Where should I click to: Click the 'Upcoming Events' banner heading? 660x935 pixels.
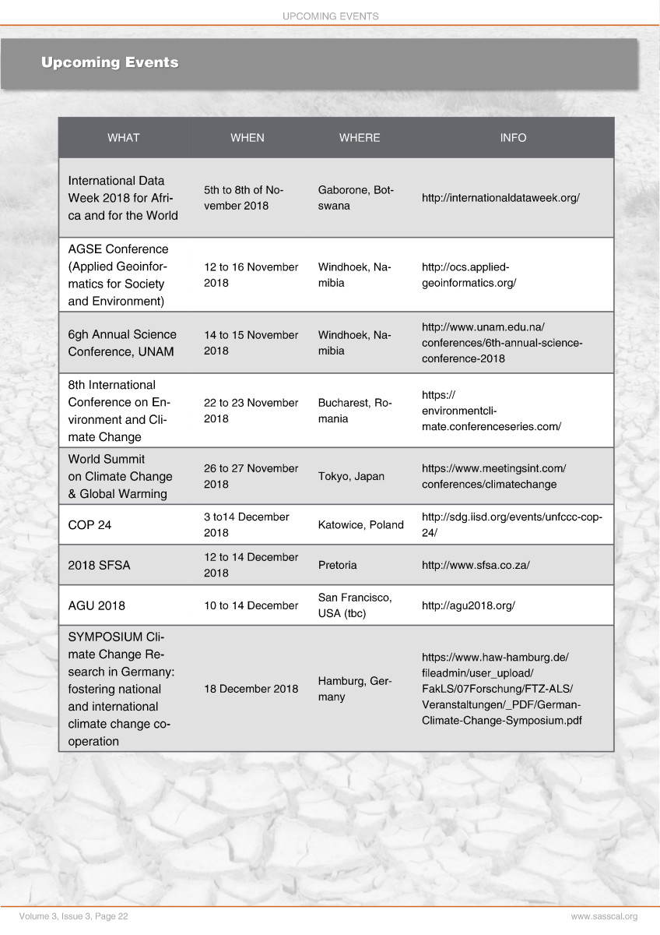pos(110,62)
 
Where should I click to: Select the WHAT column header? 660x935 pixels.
pos(123,138)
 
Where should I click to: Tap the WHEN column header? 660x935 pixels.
pos(247,138)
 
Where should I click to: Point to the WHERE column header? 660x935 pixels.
pos(360,138)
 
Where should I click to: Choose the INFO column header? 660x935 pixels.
pos(513,138)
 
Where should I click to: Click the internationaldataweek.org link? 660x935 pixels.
pos(500,198)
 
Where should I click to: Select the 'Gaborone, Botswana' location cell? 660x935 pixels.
pos(356,198)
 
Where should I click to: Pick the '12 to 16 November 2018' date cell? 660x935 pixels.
pos(251,275)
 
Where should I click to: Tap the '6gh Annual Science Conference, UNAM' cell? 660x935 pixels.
pos(122,343)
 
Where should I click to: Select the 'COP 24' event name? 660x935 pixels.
pos(90,525)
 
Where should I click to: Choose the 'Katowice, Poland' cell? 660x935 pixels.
pos(360,525)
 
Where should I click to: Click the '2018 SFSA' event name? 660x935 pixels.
pos(99,566)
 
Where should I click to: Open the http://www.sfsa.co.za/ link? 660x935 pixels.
pos(476,566)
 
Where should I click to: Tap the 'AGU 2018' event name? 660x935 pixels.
pos(97,605)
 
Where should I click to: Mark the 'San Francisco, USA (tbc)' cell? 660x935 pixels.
pos(355,605)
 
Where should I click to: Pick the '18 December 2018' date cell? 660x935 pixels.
pos(251,689)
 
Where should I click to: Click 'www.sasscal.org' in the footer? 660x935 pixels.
pos(604,917)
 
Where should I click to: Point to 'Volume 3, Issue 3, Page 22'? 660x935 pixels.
pos(74,917)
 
